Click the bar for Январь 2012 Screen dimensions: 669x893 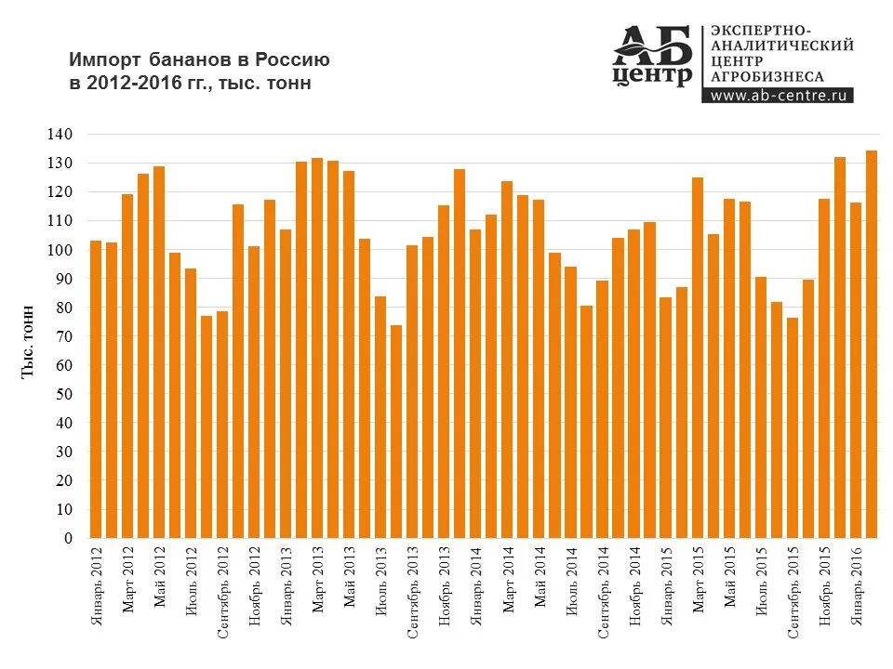(x=96, y=389)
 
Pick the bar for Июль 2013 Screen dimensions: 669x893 (x=380, y=417)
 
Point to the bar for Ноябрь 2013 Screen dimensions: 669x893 (x=444, y=372)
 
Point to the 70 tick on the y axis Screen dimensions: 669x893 (x=63, y=336)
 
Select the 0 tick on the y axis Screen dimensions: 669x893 (x=68, y=538)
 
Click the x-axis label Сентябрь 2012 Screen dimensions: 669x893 (x=223, y=595)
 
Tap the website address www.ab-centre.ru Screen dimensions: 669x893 (x=780, y=95)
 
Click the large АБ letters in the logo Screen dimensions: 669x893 (x=651, y=45)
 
